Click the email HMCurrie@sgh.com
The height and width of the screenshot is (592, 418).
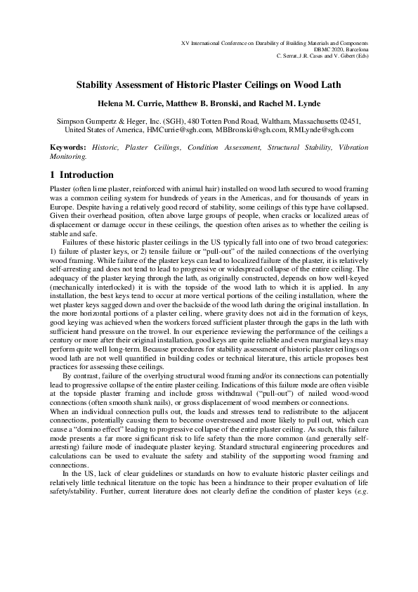[175, 130]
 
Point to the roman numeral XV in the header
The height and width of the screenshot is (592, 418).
[185, 43]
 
